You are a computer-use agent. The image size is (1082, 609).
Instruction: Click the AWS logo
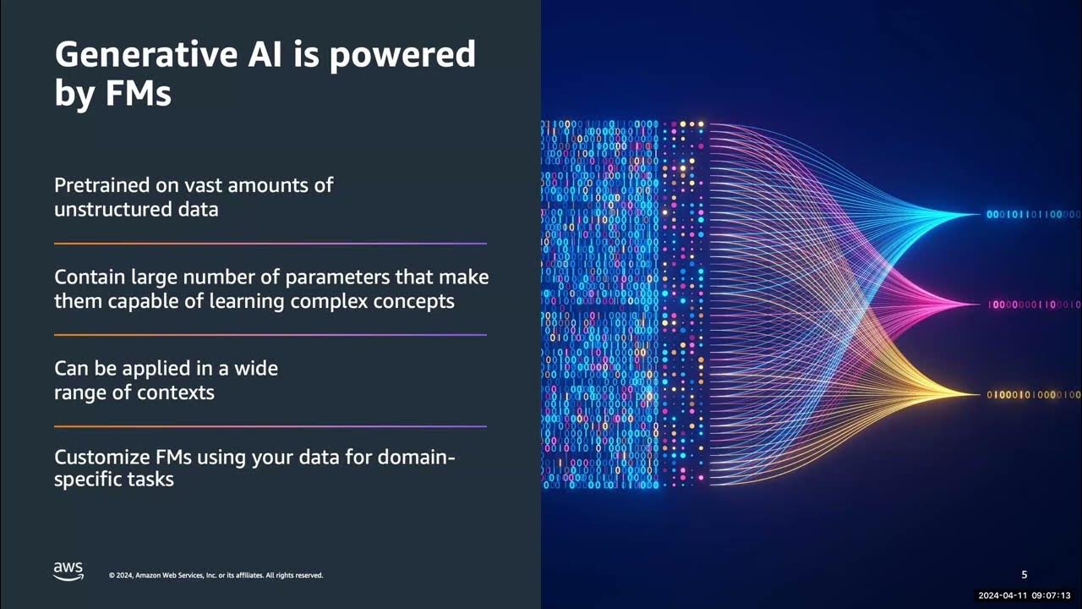point(68,572)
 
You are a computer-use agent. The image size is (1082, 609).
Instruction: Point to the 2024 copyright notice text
point(216,576)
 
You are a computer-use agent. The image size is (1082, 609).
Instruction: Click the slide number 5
point(1025,575)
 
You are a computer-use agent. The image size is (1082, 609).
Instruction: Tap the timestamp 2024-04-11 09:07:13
point(1024,595)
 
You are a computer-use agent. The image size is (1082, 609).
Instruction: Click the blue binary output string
point(1032,215)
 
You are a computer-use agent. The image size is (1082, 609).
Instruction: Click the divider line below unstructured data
point(270,244)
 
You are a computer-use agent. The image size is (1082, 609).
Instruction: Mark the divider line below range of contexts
point(270,426)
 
